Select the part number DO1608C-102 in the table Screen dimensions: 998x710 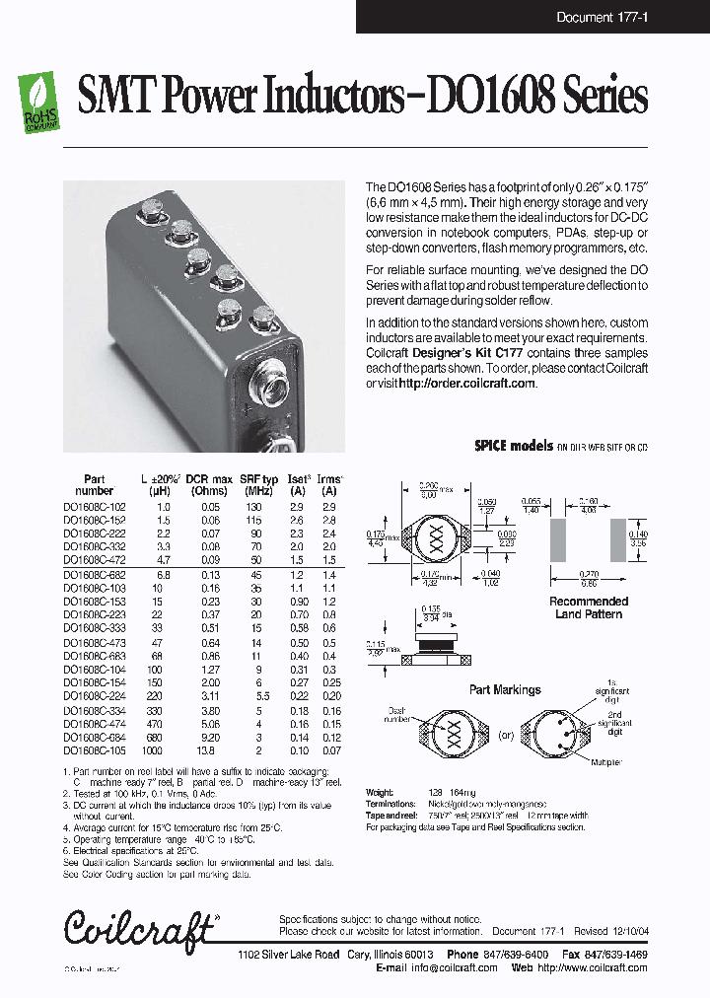click(95, 506)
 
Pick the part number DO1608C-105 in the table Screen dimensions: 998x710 click(95, 750)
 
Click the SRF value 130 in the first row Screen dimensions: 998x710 click(259, 506)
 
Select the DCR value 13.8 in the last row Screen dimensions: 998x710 click(209, 750)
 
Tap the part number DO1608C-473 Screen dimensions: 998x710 click(95, 642)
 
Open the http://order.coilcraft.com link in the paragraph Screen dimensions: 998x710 click(467, 383)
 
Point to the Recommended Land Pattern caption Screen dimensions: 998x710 click(589, 607)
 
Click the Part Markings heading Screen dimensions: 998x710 click(504, 689)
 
